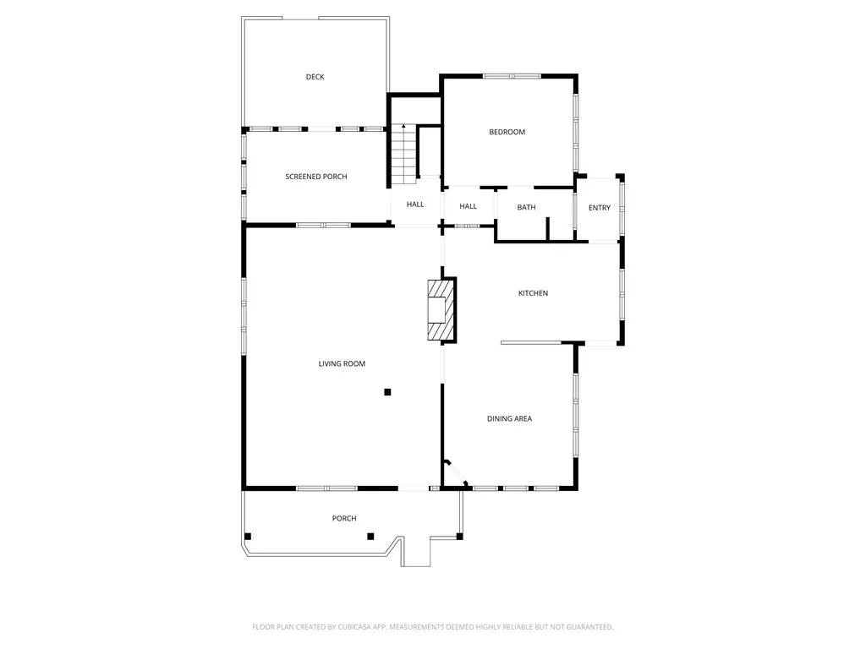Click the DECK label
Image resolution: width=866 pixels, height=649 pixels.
click(315, 77)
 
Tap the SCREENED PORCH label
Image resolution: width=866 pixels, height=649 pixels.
click(316, 177)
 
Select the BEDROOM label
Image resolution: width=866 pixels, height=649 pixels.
click(507, 132)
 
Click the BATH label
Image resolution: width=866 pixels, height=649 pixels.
click(526, 208)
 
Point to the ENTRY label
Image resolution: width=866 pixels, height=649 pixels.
click(600, 208)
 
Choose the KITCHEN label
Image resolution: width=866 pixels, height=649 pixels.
click(533, 293)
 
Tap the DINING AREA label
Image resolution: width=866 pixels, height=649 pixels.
click(509, 419)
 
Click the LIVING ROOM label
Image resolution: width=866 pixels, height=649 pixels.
click(342, 363)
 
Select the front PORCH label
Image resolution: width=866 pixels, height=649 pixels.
click(344, 518)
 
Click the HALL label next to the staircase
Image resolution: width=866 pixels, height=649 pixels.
click(415, 205)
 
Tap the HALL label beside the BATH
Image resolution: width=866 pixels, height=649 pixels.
click(468, 206)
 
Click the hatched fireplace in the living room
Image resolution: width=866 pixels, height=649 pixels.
click(441, 310)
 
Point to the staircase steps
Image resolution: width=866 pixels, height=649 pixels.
click(403, 155)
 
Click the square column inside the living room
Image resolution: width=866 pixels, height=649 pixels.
click(387, 392)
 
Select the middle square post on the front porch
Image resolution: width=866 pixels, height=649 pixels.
click(370, 537)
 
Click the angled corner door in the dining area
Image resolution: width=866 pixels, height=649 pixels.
click(457, 473)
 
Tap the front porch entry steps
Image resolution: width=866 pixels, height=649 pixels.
click(415, 551)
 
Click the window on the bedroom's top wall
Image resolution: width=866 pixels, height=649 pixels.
click(512, 76)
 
